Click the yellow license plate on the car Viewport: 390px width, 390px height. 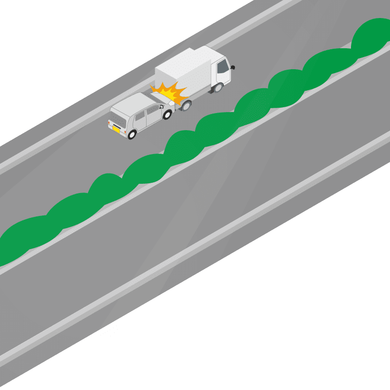pyautogui.click(x=116, y=129)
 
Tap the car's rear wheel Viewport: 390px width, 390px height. pyautogui.click(x=132, y=134)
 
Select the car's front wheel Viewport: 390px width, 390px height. pyautogui.click(x=167, y=115)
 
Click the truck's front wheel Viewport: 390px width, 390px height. pyautogui.click(x=218, y=88)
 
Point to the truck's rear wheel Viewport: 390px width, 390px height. pyautogui.click(x=186, y=104)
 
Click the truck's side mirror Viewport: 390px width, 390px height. pyautogui.click(x=233, y=67)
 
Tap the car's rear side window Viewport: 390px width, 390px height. pyautogui.click(x=139, y=117)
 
